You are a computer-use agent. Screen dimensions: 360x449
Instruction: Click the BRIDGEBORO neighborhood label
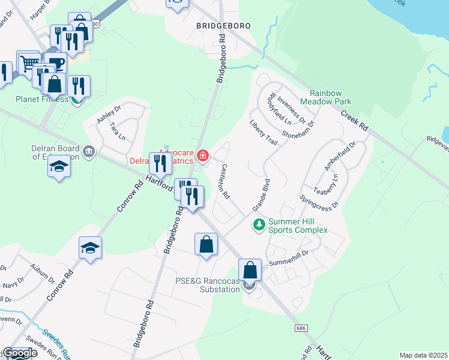(223, 26)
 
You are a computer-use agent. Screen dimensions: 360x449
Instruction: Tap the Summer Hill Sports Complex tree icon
(259, 225)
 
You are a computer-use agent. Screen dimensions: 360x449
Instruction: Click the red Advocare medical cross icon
(203, 157)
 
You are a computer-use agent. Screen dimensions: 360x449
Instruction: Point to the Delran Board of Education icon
(89, 150)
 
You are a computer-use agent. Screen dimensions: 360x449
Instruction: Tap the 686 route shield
(301, 328)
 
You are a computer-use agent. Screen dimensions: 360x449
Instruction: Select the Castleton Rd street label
(225, 181)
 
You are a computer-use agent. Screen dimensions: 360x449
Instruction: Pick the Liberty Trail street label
(263, 133)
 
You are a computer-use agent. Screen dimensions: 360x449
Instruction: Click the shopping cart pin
(28, 62)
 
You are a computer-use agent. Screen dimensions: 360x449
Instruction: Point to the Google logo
(20, 353)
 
